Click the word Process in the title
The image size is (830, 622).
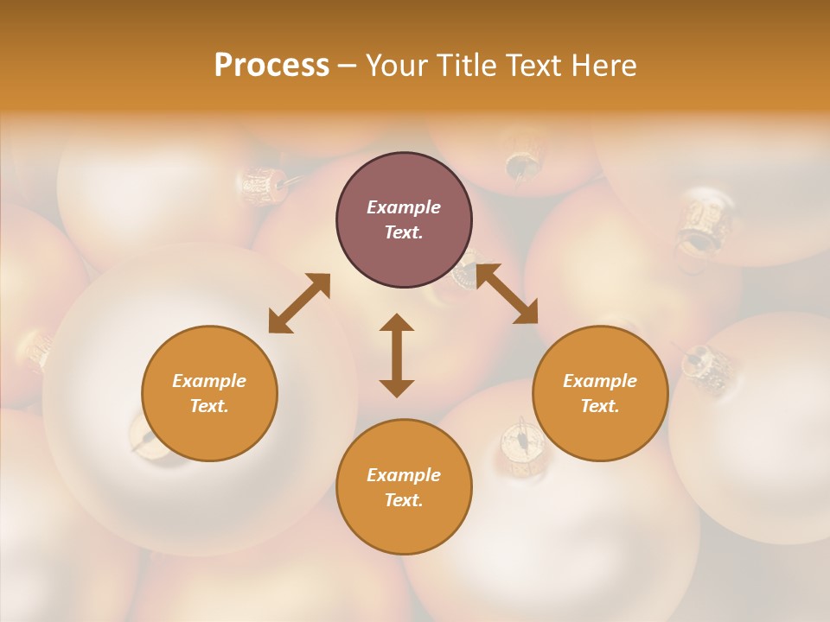pos(271,66)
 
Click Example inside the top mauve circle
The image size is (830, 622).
pos(404,207)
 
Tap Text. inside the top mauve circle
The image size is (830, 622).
pos(404,232)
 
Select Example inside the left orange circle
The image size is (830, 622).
pos(209,381)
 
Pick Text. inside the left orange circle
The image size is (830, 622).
pos(209,406)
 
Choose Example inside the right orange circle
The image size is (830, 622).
pos(600,381)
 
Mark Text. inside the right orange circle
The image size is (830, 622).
pos(600,406)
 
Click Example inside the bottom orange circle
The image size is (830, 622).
pos(404,475)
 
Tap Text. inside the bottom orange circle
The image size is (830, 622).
pos(404,500)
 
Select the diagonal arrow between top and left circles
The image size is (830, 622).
pos(299,303)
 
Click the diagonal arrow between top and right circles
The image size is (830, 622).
pos(507,294)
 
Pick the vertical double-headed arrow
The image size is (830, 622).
pos(397,355)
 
